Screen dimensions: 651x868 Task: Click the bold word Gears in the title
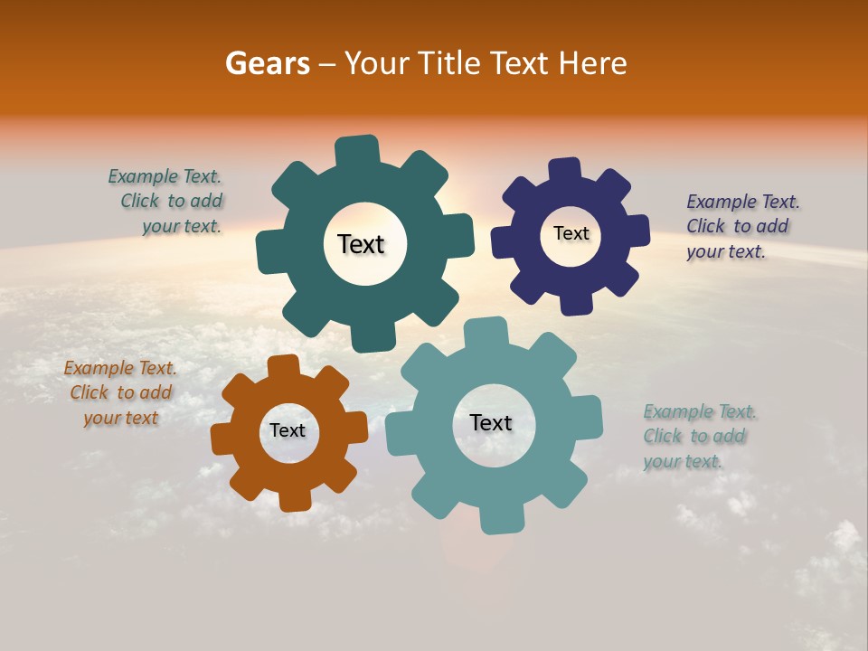pos(268,63)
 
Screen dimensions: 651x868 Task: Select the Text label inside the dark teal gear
pos(361,244)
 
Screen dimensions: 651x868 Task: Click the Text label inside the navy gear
pos(571,233)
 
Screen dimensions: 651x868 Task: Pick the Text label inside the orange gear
pos(288,431)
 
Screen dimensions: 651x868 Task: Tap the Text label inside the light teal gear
pos(491,423)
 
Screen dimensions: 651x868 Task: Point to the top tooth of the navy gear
pos(565,171)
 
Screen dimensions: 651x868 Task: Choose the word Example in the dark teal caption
pos(142,177)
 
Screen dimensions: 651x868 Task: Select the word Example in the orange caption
pos(98,369)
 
